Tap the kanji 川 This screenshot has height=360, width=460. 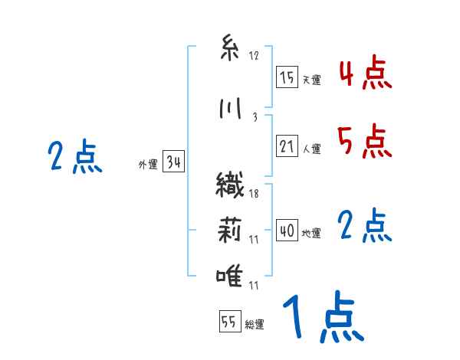coord(228,110)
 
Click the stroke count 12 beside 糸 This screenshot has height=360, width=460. coord(254,56)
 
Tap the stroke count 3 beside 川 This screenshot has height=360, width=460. coord(254,116)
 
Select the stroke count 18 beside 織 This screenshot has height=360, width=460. coord(254,194)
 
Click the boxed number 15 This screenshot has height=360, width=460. coord(287,77)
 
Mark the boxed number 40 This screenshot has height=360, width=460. coord(287,231)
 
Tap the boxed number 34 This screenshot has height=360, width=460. coord(173,162)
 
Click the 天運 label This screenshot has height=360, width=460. coord(311,80)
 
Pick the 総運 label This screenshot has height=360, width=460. coord(255,325)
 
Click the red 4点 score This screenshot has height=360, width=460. coord(365,74)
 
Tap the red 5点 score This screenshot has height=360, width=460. coord(365,141)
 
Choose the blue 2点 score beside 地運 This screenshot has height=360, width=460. coord(365,226)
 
